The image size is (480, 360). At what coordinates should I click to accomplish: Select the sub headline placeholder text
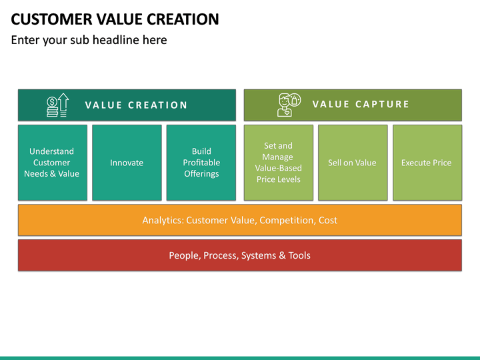[89, 40]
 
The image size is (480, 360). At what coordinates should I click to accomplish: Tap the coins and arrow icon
[57, 105]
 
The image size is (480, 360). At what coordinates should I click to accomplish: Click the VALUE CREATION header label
[137, 105]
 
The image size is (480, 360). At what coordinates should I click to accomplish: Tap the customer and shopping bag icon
[289, 105]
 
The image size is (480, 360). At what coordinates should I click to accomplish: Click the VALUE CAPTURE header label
[361, 105]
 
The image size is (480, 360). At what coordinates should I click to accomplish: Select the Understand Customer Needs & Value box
[52, 163]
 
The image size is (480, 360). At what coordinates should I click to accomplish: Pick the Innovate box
[127, 163]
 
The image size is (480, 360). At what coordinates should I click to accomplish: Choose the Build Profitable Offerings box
[201, 163]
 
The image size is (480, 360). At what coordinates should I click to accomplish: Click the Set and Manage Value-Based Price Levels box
[279, 163]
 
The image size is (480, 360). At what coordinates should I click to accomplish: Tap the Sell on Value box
[352, 163]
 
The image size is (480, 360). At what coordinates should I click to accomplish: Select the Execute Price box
[427, 163]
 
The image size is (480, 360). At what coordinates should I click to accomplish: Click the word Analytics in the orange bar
[162, 220]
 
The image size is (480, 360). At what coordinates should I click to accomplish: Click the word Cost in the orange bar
[327, 220]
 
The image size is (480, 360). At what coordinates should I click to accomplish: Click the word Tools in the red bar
[299, 255]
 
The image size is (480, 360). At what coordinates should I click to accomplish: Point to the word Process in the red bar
[221, 255]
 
